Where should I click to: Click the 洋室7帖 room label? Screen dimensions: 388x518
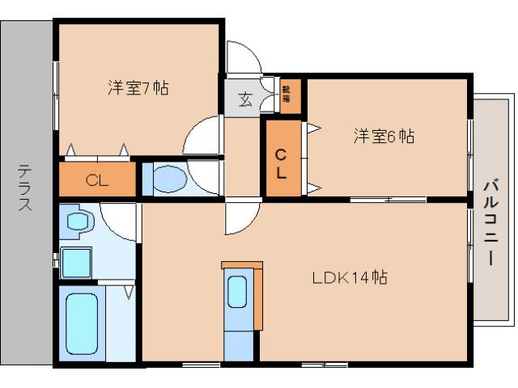(138, 88)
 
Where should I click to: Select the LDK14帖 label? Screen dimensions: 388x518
(350, 278)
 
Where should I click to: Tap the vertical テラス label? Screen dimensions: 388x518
(26, 188)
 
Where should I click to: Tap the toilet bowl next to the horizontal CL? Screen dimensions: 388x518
(169, 179)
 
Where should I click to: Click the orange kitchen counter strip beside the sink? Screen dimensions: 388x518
(258, 298)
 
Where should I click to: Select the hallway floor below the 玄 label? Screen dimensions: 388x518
(240, 158)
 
